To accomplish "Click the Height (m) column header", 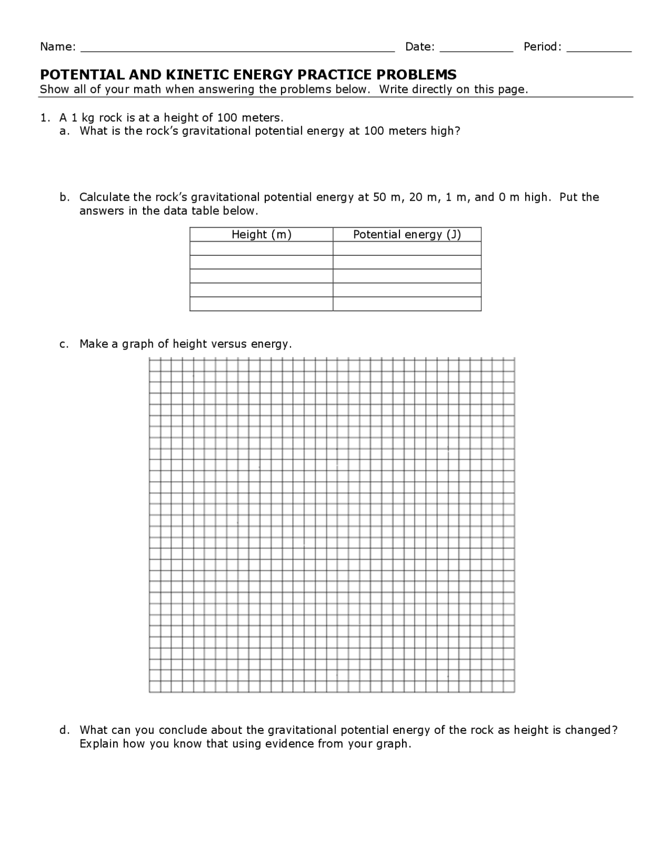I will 261,234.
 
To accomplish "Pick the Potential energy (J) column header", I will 407,234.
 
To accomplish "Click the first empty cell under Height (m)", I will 261,248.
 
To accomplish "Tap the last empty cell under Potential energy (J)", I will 407,304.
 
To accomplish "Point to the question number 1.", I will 44,117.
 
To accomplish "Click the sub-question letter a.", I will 63,131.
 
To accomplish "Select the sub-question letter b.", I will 63,197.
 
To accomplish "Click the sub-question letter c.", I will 63,344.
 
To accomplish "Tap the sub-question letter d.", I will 63,730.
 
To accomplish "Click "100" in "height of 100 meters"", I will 228,117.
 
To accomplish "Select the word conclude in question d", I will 184,730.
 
